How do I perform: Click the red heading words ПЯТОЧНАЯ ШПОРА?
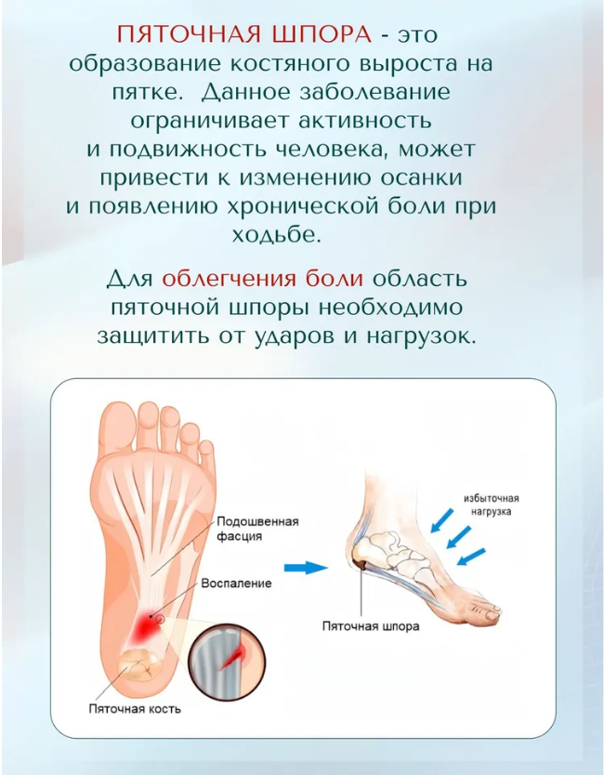pyautogui.click(x=243, y=35)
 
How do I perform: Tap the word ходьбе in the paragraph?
pyautogui.click(x=277, y=235)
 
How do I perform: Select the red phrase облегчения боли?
pyautogui.click(x=262, y=279)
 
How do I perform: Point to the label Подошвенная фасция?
pyautogui.click(x=258, y=529)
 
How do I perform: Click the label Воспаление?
pyautogui.click(x=236, y=584)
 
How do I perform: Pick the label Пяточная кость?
pyautogui.click(x=135, y=709)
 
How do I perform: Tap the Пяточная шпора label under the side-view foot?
pyautogui.click(x=371, y=626)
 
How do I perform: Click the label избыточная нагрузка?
pyautogui.click(x=491, y=505)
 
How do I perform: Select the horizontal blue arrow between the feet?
pyautogui.click(x=306, y=568)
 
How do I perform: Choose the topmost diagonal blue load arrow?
pyautogui.click(x=442, y=520)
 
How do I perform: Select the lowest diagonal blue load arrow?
pyautogui.click(x=471, y=557)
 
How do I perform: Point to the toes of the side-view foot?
pyautogui.click(x=487, y=610)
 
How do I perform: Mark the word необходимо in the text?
pyautogui.click(x=389, y=308)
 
